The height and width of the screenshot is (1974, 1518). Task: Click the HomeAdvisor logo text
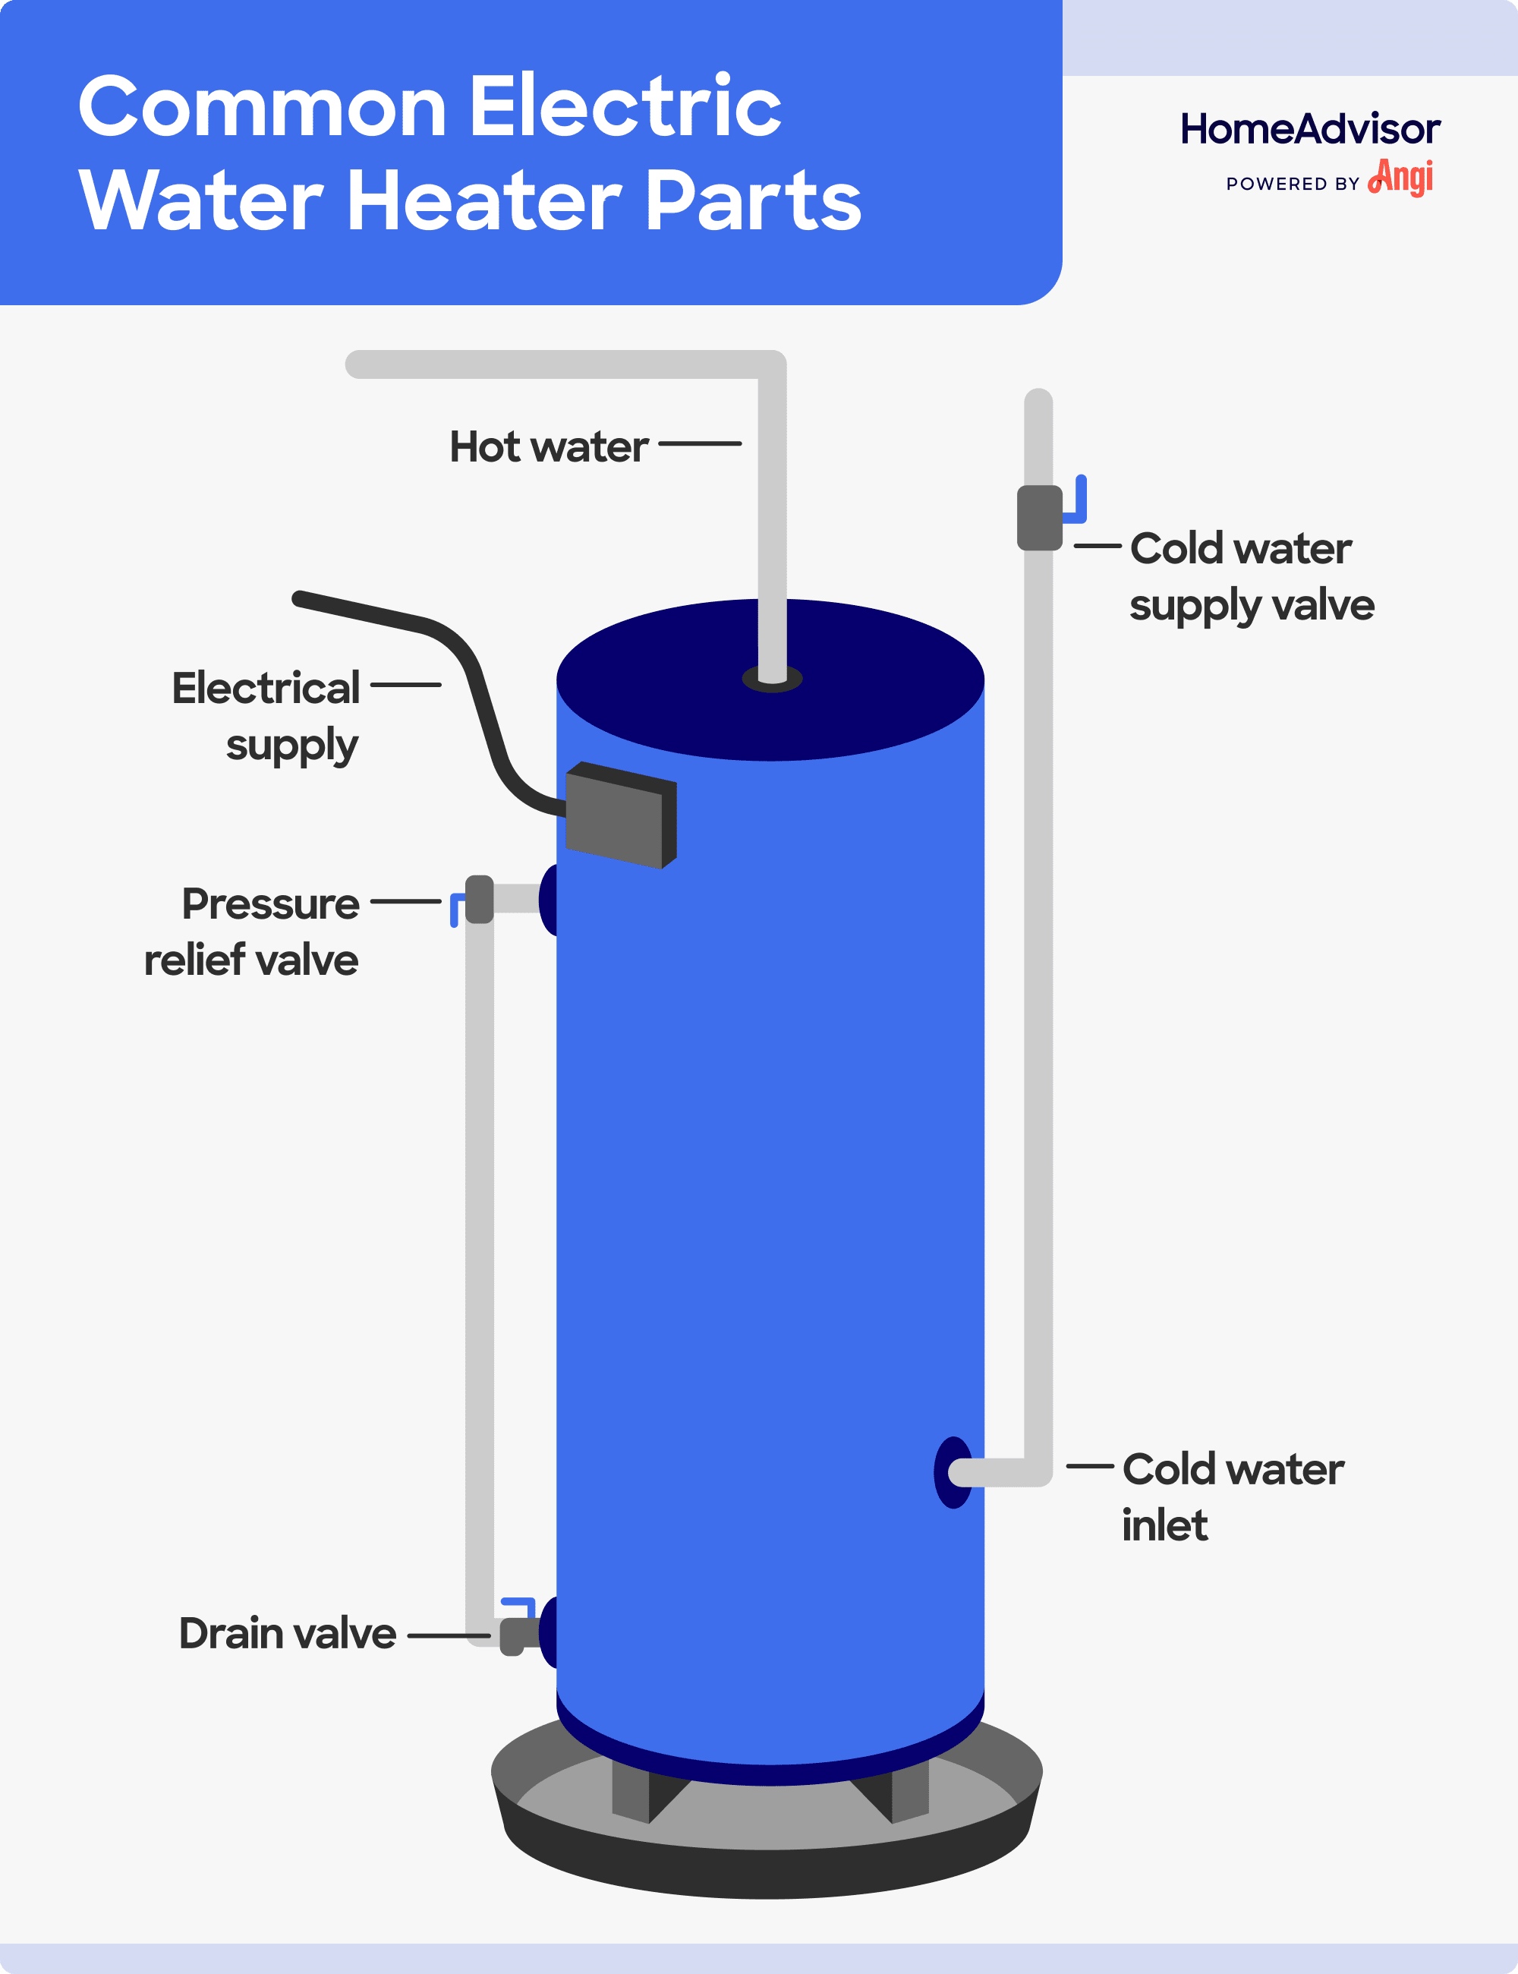click(1309, 129)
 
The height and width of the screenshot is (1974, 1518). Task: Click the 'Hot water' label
click(549, 446)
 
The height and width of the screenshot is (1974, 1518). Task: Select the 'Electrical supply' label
click(266, 717)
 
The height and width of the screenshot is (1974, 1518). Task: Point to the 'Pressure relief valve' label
click(252, 931)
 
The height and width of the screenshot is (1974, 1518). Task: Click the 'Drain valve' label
click(288, 1633)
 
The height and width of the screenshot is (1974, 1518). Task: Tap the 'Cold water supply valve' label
click(1251, 577)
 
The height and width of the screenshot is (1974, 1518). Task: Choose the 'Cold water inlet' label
click(1233, 1496)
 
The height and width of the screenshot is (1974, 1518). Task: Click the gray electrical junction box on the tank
click(619, 817)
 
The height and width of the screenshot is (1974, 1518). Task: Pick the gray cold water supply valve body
click(1039, 518)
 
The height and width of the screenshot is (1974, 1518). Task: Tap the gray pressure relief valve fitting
click(479, 900)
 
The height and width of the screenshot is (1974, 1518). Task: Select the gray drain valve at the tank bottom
click(512, 1637)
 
